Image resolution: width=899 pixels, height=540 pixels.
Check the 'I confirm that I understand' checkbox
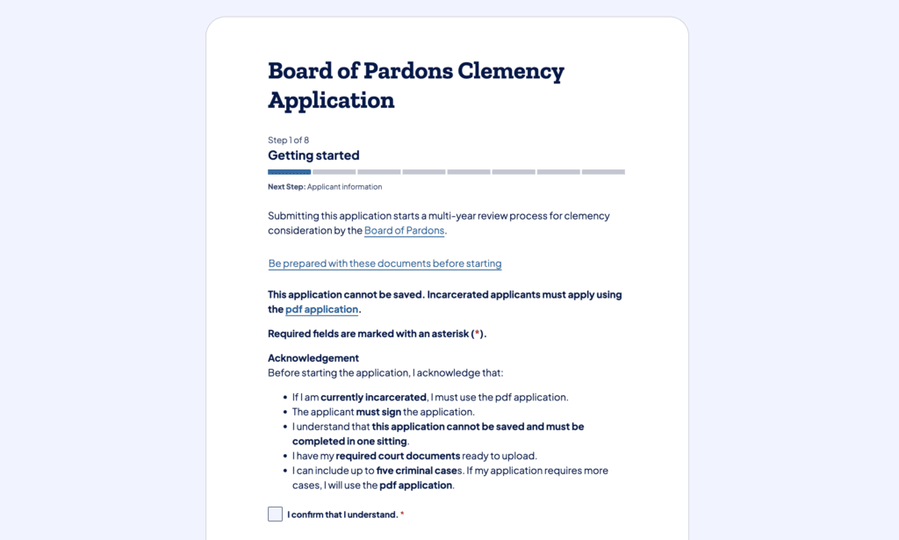275,514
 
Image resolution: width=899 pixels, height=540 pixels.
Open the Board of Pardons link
404,231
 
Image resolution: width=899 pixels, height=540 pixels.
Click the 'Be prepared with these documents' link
385,263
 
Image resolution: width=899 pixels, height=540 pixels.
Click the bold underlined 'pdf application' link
321,309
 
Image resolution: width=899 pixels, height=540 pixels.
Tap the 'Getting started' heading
313,155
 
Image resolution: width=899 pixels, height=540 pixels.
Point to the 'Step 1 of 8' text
288,140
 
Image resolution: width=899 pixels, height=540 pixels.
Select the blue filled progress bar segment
289,172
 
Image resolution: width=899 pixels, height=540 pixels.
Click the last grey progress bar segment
603,172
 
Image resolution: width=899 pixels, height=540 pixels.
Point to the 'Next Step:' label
286,187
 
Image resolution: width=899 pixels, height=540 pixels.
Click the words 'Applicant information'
344,187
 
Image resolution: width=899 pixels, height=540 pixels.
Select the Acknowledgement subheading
313,358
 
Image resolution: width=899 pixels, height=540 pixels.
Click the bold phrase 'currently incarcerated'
373,397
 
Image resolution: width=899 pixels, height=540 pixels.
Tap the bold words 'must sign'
378,412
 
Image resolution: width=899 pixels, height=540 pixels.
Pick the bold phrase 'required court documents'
398,456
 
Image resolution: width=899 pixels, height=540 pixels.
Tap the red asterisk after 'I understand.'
402,515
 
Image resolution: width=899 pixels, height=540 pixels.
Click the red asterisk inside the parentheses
478,334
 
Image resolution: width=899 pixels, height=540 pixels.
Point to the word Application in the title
331,100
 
